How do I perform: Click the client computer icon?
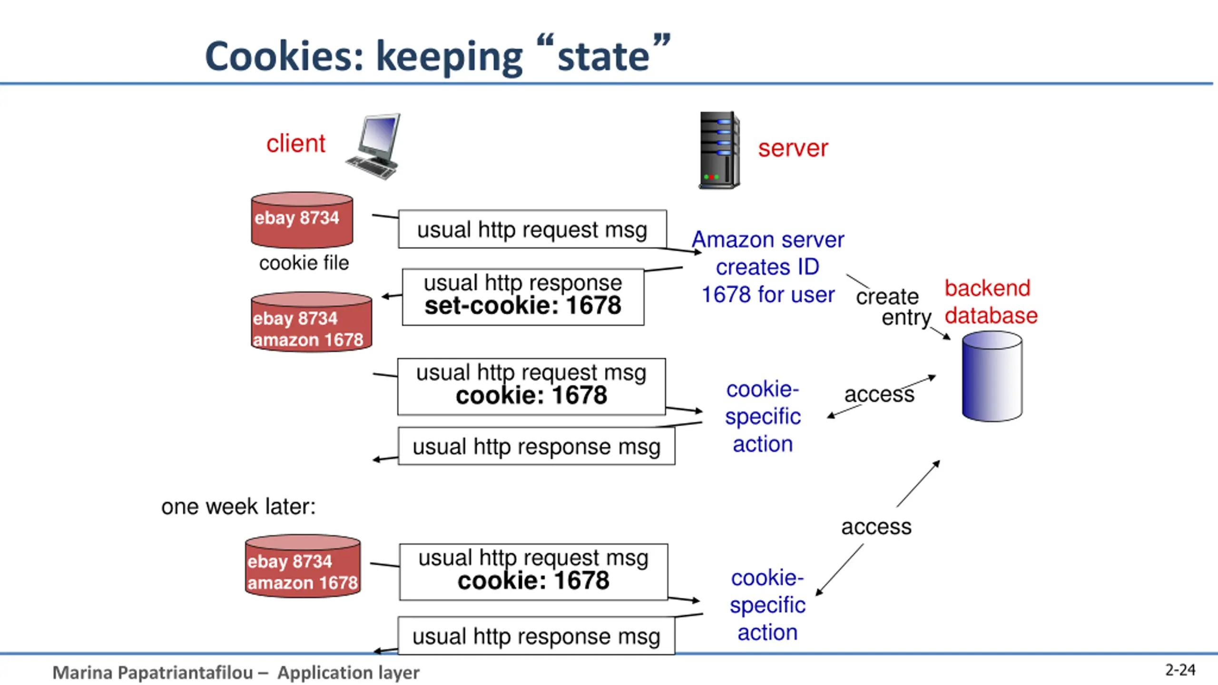[x=373, y=147]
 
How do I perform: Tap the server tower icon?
[x=719, y=150]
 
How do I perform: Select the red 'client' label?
[x=296, y=144]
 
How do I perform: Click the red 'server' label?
[x=793, y=148]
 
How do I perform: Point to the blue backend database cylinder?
[x=992, y=376]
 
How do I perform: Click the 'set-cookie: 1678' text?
[x=523, y=305]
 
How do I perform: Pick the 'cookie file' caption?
[x=304, y=263]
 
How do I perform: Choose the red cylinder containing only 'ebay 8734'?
[x=302, y=220]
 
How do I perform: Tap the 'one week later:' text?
[x=238, y=507]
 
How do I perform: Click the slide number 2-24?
[x=1180, y=670]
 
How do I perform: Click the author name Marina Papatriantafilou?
[x=153, y=673]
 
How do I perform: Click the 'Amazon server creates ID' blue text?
[x=768, y=253]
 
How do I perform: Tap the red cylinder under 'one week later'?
[x=303, y=566]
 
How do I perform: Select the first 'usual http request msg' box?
[x=532, y=229]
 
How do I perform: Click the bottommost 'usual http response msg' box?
[x=536, y=636]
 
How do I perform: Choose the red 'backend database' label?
[x=991, y=302]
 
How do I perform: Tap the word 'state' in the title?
[x=603, y=57]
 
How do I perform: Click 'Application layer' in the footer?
[x=348, y=673]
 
